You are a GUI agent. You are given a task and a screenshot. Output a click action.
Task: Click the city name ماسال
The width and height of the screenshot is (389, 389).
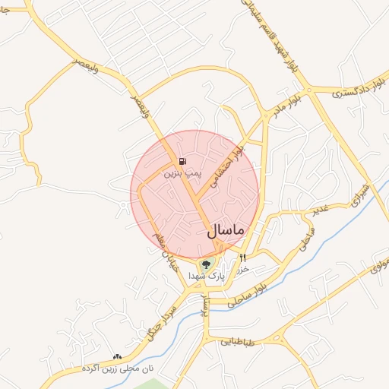click(x=224, y=229)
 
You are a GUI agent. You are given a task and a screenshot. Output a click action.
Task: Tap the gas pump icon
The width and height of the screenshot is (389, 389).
click(x=182, y=161)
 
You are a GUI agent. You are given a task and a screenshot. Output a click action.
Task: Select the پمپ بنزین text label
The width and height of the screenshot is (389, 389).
click(x=185, y=173)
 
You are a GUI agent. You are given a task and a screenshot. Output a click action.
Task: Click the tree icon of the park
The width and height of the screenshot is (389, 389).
click(x=206, y=265)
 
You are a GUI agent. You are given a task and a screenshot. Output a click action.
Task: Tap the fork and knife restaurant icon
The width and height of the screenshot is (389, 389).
click(x=243, y=258)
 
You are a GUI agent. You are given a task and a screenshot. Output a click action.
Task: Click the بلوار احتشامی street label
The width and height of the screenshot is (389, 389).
click(x=231, y=168)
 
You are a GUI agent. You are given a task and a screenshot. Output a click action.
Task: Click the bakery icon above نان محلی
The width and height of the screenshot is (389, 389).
click(x=117, y=356)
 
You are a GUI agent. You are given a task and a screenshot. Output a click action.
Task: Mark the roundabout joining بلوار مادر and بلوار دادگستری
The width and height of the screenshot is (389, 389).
click(x=308, y=91)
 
